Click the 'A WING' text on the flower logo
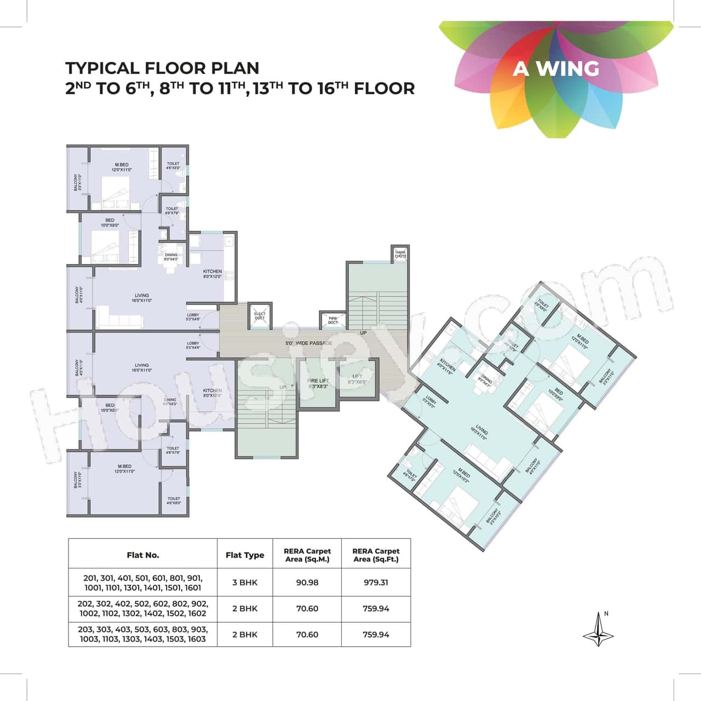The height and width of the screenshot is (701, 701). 556,68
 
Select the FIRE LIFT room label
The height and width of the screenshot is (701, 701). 317,383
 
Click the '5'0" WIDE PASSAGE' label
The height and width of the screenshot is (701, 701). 308,343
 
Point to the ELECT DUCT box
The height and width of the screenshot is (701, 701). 260,316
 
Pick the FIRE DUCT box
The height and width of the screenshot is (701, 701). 332,320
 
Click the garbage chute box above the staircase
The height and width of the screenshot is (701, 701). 400,254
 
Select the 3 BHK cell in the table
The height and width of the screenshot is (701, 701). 245,582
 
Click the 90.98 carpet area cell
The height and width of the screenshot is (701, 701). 307,582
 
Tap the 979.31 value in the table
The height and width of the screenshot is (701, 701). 376,582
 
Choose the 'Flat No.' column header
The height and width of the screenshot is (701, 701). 143,555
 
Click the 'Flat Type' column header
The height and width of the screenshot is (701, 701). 245,555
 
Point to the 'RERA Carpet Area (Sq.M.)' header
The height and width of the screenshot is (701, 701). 307,555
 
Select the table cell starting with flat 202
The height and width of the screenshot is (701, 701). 143,608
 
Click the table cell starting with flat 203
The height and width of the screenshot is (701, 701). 143,634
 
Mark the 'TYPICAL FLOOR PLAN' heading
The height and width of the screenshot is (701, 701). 162,68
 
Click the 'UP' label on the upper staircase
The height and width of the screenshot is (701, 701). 363,332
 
